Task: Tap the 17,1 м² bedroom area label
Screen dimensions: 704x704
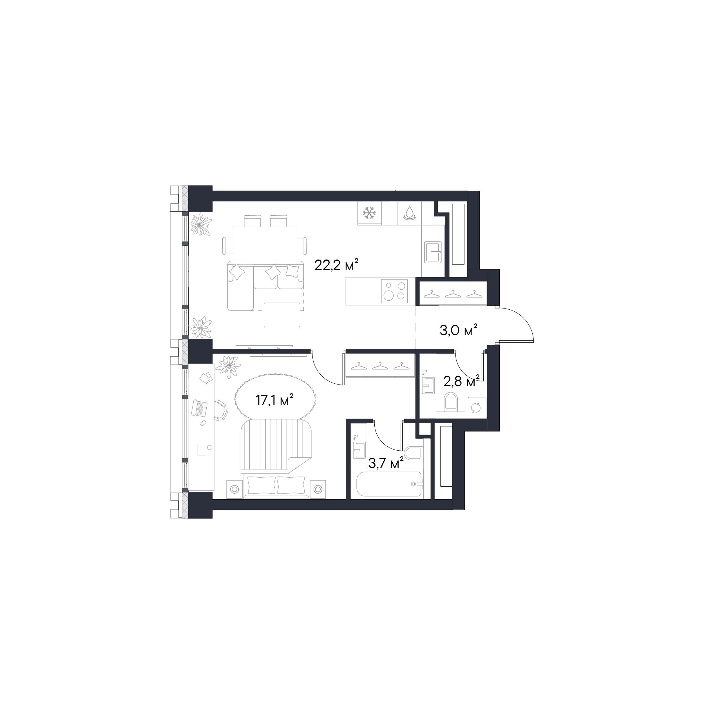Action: point(275,401)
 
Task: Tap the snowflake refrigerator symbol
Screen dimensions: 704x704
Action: point(370,213)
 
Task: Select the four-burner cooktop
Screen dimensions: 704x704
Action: point(395,291)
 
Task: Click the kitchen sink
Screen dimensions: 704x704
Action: point(433,252)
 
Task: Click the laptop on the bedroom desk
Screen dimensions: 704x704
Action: point(199,408)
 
